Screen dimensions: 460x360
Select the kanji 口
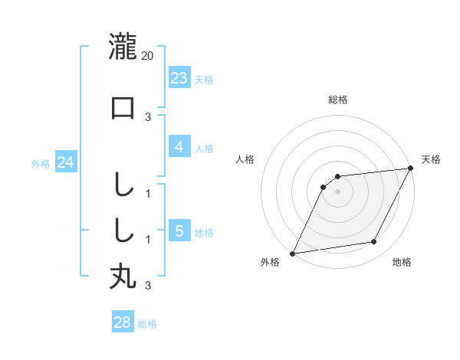(123, 108)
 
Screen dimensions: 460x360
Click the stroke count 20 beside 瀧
(148, 56)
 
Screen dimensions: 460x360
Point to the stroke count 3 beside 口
(148, 117)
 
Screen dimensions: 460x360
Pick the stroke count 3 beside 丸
(148, 286)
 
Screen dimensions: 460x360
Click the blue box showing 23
(179, 77)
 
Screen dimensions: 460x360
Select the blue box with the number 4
(179, 147)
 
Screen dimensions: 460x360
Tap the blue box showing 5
(179, 231)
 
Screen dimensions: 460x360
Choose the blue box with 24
(66, 162)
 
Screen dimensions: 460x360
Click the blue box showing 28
(123, 322)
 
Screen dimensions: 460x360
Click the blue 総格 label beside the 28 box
(147, 324)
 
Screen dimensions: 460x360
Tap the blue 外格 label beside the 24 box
(41, 164)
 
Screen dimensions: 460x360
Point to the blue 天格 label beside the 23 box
(204, 79)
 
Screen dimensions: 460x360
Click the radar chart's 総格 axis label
(337, 100)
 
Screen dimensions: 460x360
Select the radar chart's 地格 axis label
(402, 263)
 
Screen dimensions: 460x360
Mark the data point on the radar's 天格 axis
(410, 168)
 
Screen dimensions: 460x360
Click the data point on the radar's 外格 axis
(292, 254)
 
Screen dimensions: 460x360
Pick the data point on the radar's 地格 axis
(374, 242)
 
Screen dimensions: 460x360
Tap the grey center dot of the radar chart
(337, 191)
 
